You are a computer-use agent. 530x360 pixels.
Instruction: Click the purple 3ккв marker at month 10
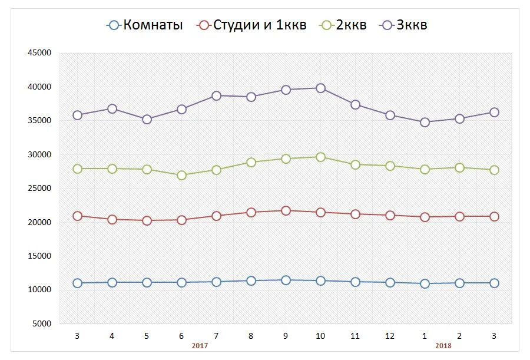coord(320,88)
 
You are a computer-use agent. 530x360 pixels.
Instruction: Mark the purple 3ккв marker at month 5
coord(147,119)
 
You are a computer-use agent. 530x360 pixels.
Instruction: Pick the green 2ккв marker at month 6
coord(181,175)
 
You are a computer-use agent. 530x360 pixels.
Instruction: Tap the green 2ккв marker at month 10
coord(320,157)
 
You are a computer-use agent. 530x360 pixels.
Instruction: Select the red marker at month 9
coord(286,210)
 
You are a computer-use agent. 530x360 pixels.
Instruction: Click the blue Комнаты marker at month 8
coord(251,280)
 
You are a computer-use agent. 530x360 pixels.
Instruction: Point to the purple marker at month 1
coord(425,122)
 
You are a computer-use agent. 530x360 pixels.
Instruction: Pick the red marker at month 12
coord(390,216)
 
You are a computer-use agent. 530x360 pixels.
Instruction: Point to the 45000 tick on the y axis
coord(40,53)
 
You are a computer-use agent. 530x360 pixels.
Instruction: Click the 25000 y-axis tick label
coord(40,189)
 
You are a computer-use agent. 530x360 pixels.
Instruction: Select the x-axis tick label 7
coord(216,336)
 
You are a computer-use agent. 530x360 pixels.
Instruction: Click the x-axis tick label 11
coord(355,336)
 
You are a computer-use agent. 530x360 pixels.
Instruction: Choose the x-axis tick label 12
coord(390,336)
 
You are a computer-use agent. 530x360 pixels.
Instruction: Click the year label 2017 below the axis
coord(200,346)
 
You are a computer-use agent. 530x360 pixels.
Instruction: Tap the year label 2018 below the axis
coord(443,346)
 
